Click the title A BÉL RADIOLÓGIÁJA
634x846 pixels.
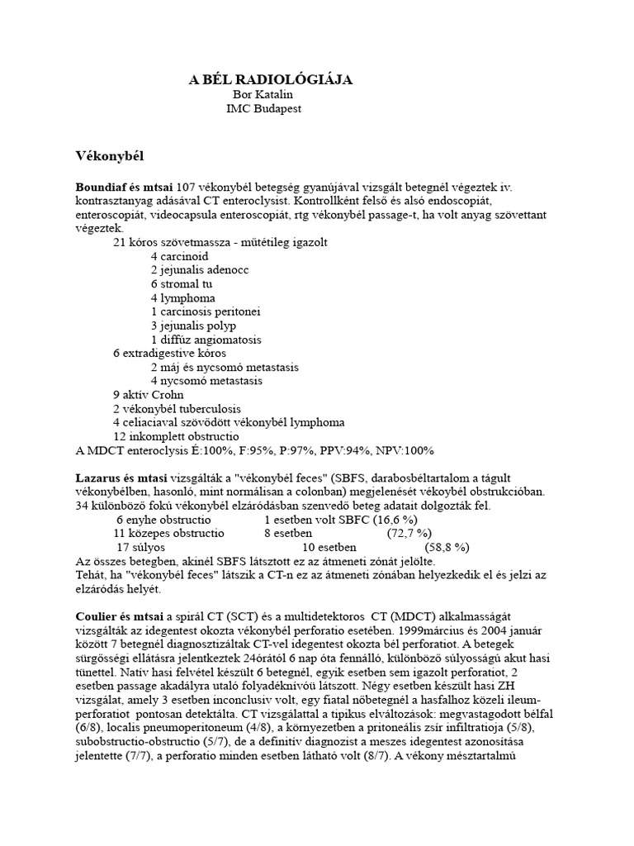pos(271,79)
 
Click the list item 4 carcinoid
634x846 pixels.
pos(179,256)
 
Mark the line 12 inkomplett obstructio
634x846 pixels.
pos(176,436)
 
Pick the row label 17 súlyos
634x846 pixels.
pos(140,547)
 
